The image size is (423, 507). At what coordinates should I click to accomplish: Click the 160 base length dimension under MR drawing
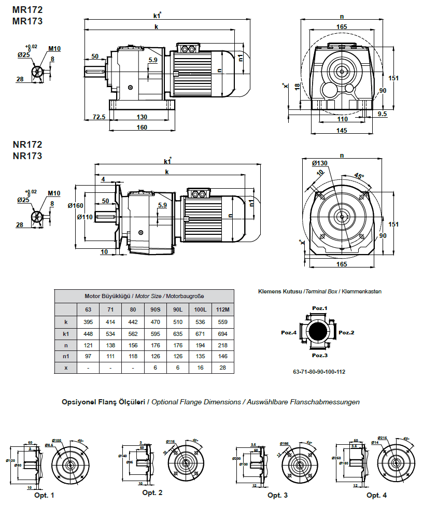click(x=142, y=127)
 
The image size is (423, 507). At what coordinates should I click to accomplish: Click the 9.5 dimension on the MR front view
click(x=383, y=113)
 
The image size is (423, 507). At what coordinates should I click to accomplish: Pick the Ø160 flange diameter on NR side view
click(x=76, y=206)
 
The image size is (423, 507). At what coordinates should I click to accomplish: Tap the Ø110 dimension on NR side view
click(x=84, y=217)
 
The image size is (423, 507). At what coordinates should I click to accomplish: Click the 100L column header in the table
click(x=200, y=309)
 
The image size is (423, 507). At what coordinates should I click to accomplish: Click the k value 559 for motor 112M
click(x=222, y=322)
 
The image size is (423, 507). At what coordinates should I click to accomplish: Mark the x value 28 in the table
click(x=222, y=367)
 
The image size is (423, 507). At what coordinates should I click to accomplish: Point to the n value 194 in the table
click(x=200, y=345)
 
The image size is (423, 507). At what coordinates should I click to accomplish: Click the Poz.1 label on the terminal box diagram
click(x=319, y=308)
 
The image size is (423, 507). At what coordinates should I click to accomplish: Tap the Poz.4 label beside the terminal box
click(x=288, y=332)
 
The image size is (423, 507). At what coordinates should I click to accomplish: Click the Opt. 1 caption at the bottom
click(x=44, y=495)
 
